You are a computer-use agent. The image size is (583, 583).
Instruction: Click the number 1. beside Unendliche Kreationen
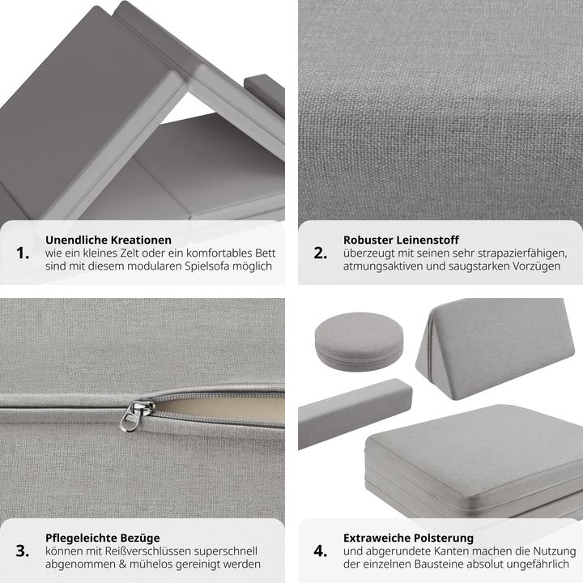point(23,253)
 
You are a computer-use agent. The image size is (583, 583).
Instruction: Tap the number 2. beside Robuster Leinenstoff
point(321,253)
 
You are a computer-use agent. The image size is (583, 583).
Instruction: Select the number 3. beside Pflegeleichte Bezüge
point(23,551)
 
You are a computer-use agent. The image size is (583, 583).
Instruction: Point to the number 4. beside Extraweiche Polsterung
point(321,551)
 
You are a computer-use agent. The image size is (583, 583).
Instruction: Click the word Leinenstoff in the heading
point(428,240)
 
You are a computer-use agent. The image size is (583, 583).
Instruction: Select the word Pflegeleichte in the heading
point(77,538)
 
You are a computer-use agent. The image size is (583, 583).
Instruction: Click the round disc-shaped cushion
point(359,342)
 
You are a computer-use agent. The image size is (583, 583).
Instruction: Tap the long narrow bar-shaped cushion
point(355,413)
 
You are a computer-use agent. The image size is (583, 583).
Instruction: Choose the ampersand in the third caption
point(122,564)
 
